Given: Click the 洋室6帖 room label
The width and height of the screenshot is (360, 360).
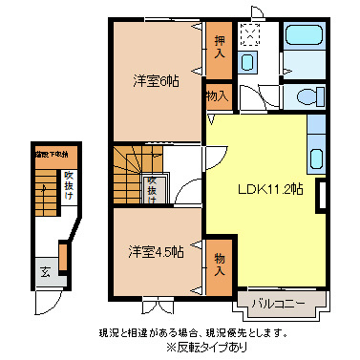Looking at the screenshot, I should [x=156, y=81].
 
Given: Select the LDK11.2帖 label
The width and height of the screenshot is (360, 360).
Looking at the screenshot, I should [x=270, y=189].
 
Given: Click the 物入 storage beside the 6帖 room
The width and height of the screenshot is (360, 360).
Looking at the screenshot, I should [x=217, y=95].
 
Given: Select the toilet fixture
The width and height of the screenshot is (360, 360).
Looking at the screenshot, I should [x=306, y=96].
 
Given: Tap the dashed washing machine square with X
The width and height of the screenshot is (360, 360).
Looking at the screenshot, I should [x=252, y=34].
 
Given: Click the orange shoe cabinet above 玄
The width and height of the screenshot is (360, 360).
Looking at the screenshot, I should [x=62, y=256].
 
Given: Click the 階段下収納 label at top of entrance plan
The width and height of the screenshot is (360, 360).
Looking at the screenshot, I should [x=56, y=152].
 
